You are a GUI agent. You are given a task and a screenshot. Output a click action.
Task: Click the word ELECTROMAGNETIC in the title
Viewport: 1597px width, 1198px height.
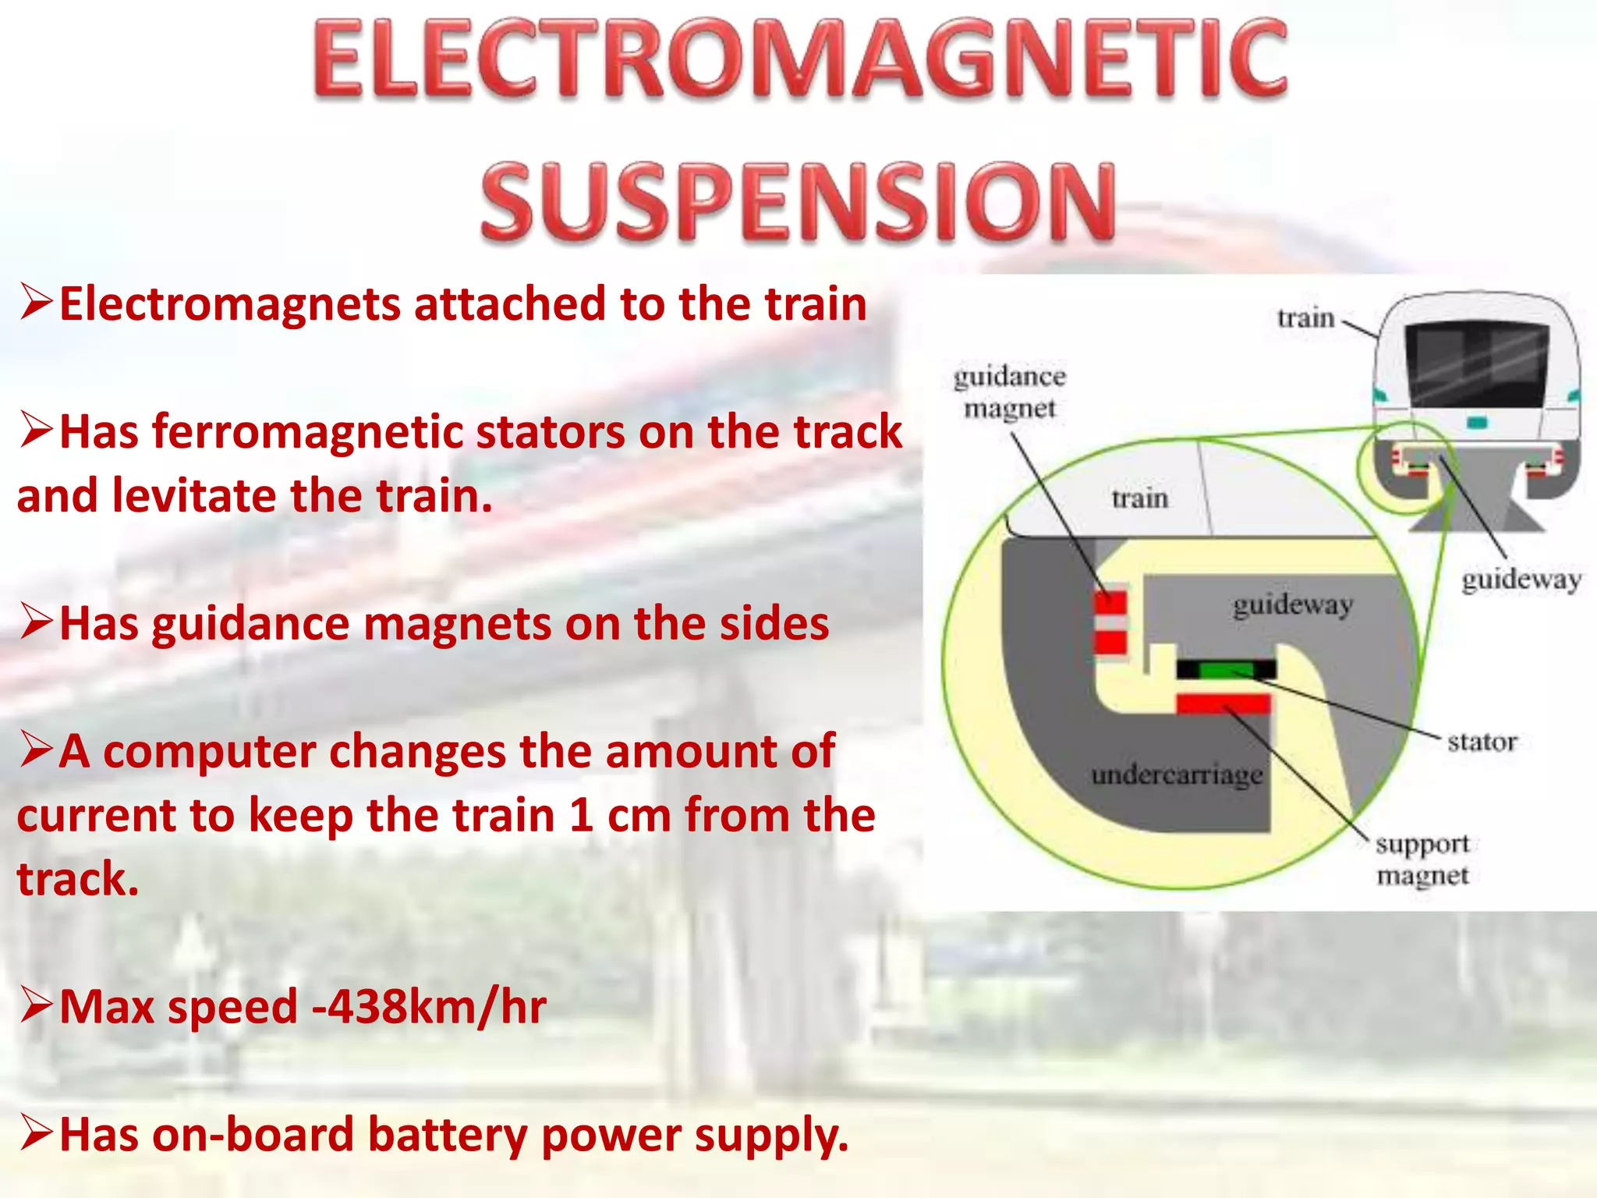[800, 61]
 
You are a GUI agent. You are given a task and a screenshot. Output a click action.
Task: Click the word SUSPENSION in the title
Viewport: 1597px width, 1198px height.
[798, 201]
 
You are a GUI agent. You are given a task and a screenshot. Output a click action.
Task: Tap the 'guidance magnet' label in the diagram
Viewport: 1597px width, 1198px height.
[1009, 392]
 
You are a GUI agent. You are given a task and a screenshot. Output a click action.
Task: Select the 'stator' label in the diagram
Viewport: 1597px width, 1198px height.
[1482, 742]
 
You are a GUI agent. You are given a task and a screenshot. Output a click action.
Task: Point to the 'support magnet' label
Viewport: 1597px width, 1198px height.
[1422, 860]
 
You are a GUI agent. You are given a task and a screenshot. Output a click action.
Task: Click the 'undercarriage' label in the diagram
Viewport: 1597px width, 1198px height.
[1177, 775]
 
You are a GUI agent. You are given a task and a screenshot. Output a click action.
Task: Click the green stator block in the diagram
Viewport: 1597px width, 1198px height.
[1226, 669]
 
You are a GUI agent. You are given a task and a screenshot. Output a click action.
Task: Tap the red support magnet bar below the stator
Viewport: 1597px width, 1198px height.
[1223, 704]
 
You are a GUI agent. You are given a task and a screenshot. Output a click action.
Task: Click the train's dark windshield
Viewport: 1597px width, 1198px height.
[1477, 365]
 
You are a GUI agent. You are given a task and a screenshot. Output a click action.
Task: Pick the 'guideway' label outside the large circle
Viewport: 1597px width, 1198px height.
[1521, 580]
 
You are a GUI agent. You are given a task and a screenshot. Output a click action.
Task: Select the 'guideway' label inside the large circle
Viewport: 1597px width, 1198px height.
[1292, 604]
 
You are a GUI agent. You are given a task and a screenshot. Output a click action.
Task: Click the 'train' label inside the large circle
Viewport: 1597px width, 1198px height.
[1139, 498]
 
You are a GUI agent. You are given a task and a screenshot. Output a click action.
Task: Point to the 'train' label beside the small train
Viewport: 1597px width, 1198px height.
[1305, 318]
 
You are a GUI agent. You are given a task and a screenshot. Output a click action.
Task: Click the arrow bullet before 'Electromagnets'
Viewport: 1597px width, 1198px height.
[36, 303]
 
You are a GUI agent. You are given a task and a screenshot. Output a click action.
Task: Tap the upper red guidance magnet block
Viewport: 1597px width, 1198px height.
[1110, 603]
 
